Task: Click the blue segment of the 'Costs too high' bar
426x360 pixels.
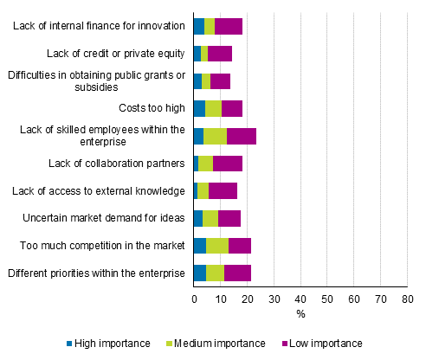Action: (x=199, y=108)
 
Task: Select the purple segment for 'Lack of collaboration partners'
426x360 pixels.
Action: (x=227, y=163)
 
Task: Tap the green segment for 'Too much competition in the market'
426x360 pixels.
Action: (x=216, y=245)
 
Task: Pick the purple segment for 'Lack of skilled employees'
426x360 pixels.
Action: (x=241, y=135)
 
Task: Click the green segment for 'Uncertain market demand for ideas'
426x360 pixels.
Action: (x=210, y=217)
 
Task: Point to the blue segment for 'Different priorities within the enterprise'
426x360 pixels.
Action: (x=199, y=273)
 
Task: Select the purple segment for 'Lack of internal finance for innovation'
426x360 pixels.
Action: (x=228, y=26)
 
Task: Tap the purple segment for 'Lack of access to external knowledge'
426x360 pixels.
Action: (x=223, y=190)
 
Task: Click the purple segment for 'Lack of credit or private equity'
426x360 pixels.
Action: (x=219, y=54)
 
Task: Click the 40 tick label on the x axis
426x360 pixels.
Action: (x=300, y=299)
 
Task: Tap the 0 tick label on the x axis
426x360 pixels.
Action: (x=194, y=299)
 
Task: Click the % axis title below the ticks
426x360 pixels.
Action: (x=300, y=313)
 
